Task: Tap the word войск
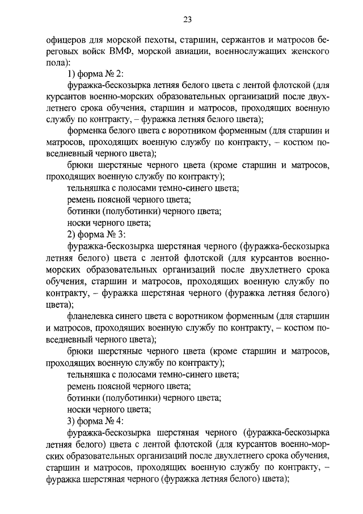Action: tap(85, 53)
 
